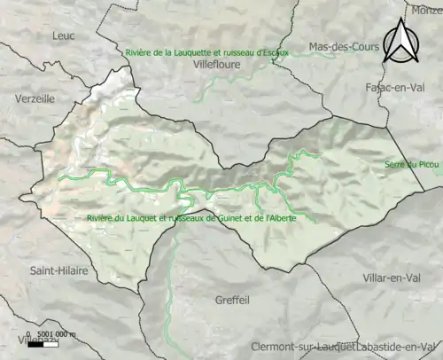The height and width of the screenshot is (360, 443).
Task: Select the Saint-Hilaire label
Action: [58, 270]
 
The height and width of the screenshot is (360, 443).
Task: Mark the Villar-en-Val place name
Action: [396, 279]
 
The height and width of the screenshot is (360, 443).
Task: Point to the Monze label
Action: [426, 11]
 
